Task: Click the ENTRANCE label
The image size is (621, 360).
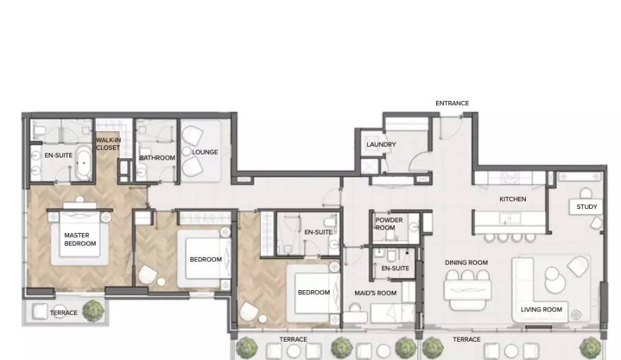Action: [452, 103]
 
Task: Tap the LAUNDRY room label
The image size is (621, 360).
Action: [381, 145]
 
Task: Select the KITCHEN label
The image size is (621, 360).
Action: [512, 199]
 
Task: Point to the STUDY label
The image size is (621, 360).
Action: [586, 207]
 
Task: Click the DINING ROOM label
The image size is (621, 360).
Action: [466, 263]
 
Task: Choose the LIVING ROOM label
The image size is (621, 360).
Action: [541, 309]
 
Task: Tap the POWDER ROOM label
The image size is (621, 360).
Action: [389, 224]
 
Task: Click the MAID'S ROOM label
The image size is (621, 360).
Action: [375, 293]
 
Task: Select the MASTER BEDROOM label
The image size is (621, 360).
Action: [80, 239]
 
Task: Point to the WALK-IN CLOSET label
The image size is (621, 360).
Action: [108, 144]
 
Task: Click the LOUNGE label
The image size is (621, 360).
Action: [205, 152]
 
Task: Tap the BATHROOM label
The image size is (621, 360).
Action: [157, 157]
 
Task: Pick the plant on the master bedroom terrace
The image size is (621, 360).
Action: [94, 310]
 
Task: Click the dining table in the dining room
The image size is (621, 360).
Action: [468, 290]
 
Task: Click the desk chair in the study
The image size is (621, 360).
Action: [586, 194]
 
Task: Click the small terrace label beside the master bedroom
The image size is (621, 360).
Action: [64, 313]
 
